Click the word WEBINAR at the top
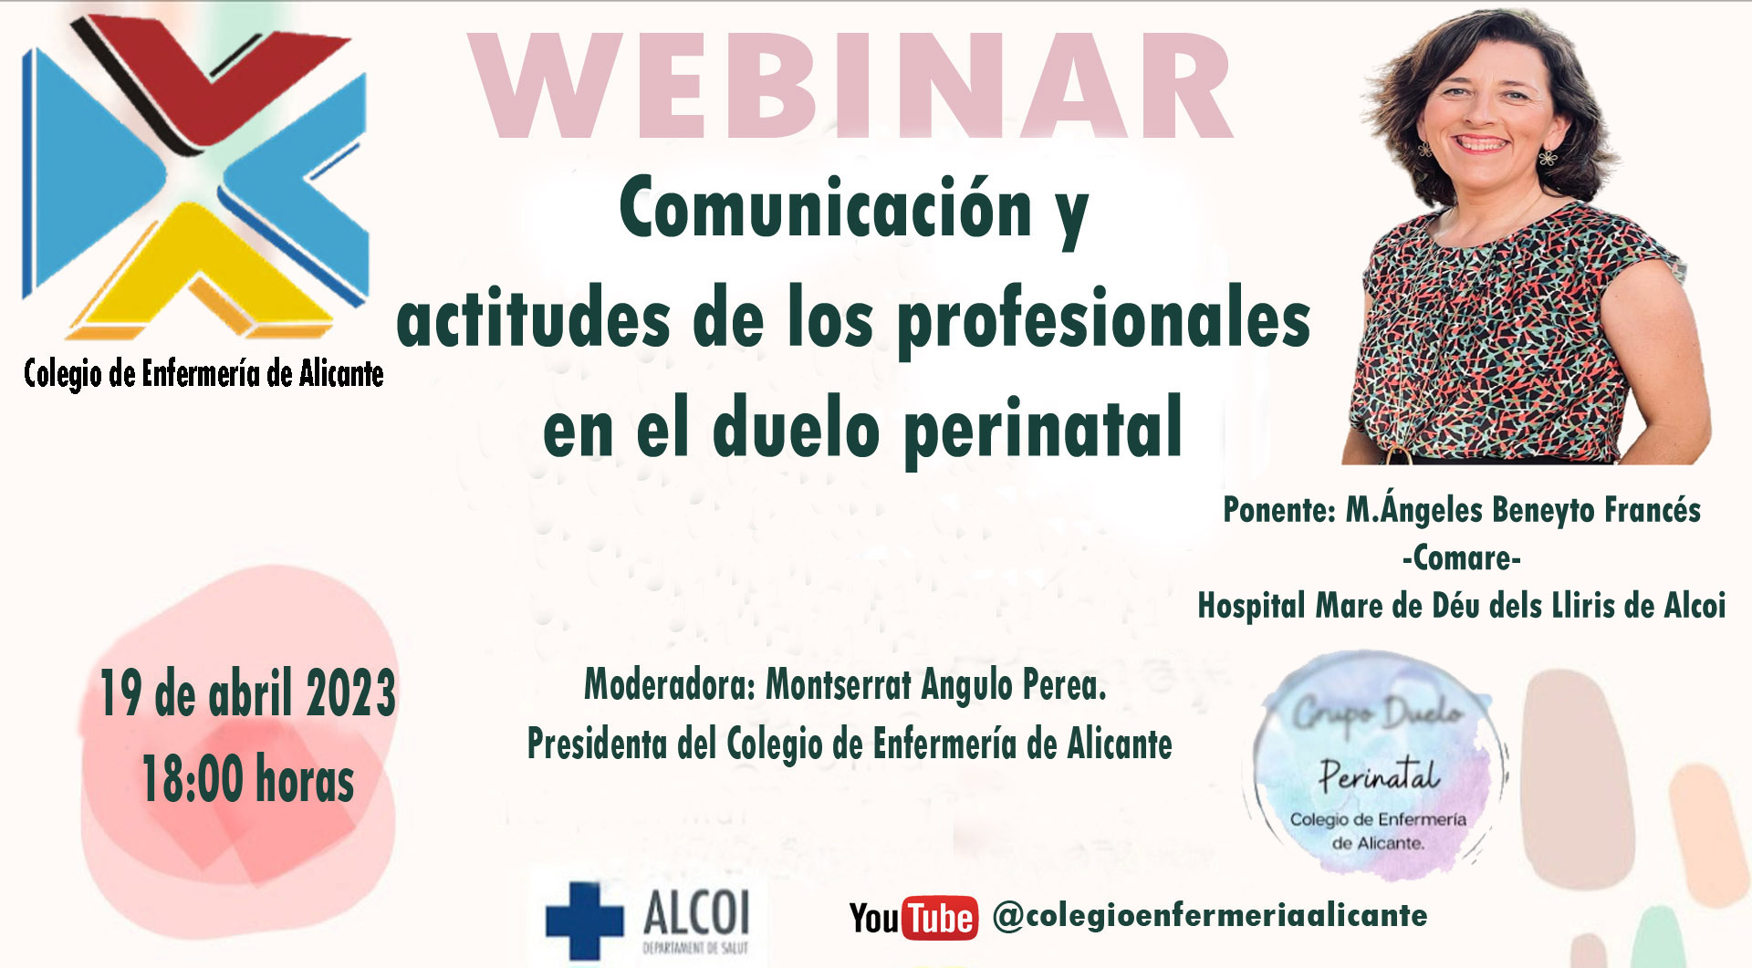pyautogui.click(x=850, y=87)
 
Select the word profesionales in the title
pyautogui.click(x=1104, y=320)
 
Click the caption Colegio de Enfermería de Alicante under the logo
pyautogui.click(x=203, y=373)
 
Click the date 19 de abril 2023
pyautogui.click(x=247, y=692)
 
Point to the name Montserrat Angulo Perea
pyautogui.click(x=935, y=685)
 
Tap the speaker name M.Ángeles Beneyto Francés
pyautogui.click(x=1523, y=509)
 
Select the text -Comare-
pyautogui.click(x=1462, y=557)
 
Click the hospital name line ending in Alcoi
pyautogui.click(x=1462, y=605)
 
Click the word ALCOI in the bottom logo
pyautogui.click(x=696, y=912)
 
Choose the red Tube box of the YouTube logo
pyautogui.click(x=940, y=918)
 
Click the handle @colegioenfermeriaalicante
pyautogui.click(x=1210, y=915)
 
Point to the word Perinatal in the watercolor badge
pyautogui.click(x=1380, y=775)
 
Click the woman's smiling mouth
pyautogui.click(x=1480, y=143)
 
